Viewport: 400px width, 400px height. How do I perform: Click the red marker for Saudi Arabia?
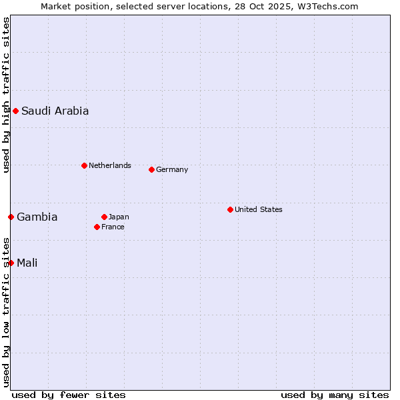pyautogui.click(x=15, y=111)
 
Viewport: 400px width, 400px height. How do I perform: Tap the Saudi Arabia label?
pyautogui.click(x=55, y=111)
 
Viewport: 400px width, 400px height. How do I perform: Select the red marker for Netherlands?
pyautogui.click(x=84, y=165)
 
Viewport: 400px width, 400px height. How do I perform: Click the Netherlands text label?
pyautogui.click(x=109, y=165)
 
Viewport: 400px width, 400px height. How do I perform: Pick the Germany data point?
pyautogui.click(x=151, y=169)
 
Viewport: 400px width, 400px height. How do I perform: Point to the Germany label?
pyautogui.click(x=172, y=169)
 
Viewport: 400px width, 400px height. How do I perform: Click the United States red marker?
pyautogui.click(x=230, y=209)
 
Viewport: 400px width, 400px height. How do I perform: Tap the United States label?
pyautogui.click(x=258, y=209)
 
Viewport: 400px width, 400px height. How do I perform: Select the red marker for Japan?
pyautogui.click(x=104, y=217)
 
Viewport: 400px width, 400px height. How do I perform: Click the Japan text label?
pyautogui.click(x=119, y=217)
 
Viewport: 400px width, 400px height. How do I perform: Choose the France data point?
pyautogui.click(x=97, y=227)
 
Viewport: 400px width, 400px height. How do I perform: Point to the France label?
pyautogui.click(x=113, y=227)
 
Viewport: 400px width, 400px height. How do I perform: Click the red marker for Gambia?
pyautogui.click(x=11, y=217)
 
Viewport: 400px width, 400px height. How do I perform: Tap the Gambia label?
pyautogui.click(x=37, y=217)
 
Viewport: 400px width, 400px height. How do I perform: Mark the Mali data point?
pyautogui.click(x=11, y=263)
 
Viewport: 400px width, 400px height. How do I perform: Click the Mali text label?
pyautogui.click(x=27, y=263)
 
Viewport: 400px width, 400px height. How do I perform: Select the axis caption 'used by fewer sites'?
pyautogui.click(x=69, y=395)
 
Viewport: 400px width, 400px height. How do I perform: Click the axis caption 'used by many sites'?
pyautogui.click(x=335, y=395)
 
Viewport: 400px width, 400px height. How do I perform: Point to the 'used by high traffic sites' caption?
pyautogui.click(x=6, y=95)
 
